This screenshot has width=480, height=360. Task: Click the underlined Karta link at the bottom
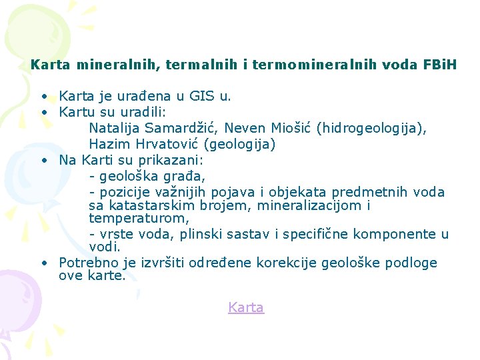point(246,307)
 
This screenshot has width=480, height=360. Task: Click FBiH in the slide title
point(440,65)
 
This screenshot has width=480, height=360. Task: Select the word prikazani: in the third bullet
point(172,160)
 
